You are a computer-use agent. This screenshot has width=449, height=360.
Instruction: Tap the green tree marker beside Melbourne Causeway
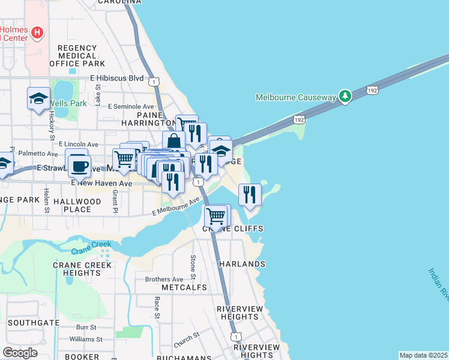click(x=345, y=96)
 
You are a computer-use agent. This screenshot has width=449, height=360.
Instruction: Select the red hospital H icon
click(x=37, y=32)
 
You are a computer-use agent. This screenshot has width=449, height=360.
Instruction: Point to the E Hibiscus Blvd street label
click(x=117, y=78)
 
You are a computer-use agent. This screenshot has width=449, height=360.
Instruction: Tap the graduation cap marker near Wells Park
click(x=38, y=98)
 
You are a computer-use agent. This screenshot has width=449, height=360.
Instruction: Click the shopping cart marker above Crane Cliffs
click(x=215, y=215)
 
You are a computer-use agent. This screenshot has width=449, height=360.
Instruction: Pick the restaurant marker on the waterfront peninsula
click(x=249, y=194)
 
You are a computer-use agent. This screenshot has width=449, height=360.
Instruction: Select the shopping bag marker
click(x=173, y=142)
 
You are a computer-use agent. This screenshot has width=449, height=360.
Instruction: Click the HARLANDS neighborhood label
click(x=242, y=264)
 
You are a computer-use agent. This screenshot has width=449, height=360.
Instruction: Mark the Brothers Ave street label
click(x=164, y=280)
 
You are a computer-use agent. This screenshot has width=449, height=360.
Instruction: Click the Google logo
click(x=20, y=353)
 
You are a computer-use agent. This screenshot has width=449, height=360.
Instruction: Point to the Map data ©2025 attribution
click(x=424, y=355)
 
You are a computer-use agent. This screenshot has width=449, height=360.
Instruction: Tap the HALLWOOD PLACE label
click(x=77, y=206)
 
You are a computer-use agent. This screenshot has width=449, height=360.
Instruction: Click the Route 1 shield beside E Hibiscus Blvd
click(x=155, y=81)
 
